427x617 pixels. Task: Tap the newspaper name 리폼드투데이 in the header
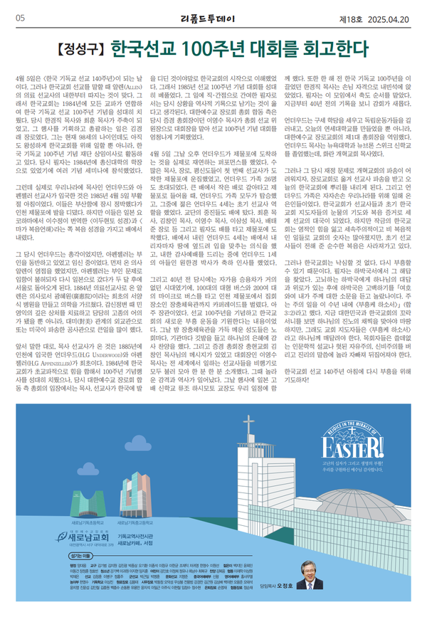213,17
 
